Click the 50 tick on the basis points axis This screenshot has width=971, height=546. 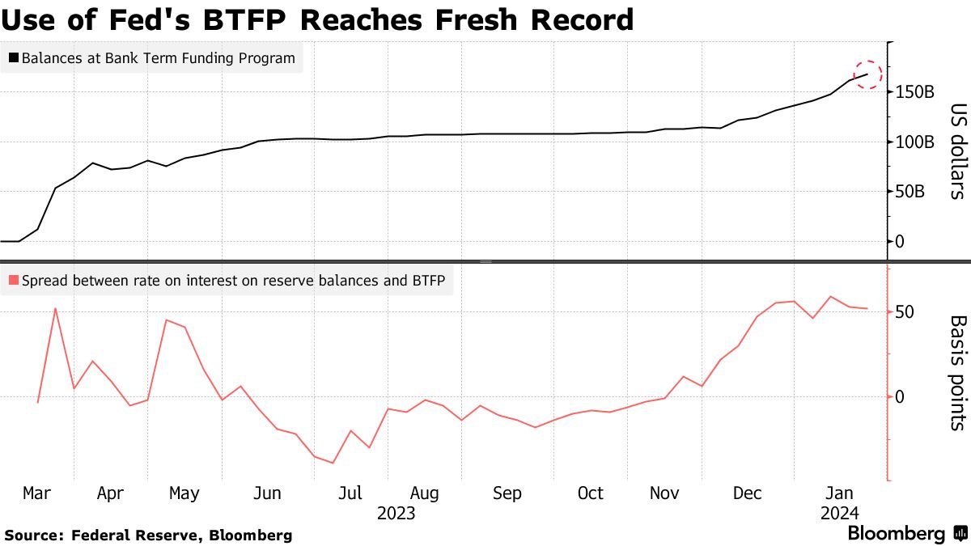coord(904,312)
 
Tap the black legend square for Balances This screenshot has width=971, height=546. coord(13,58)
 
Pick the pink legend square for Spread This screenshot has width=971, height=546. coord(13,281)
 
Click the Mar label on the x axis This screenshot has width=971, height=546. coord(37,493)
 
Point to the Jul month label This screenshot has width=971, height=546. coord(349,493)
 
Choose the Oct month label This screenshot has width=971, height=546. coord(591,493)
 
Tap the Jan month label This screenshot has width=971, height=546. coord(838,493)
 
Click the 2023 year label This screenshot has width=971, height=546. coord(396,514)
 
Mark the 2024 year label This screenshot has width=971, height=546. coord(839,514)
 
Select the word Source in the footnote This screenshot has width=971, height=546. coord(32,535)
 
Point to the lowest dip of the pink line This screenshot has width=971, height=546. coord(333,463)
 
